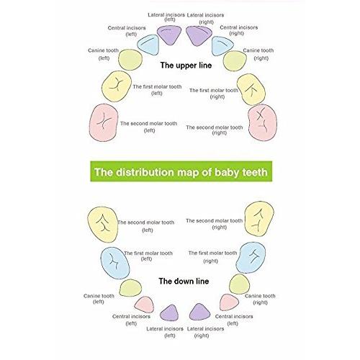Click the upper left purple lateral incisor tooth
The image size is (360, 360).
[x=169, y=35]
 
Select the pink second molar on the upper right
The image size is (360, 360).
[x=262, y=122]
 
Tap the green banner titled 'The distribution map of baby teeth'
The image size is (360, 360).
[x=181, y=171]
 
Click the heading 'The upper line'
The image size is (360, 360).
[x=186, y=66]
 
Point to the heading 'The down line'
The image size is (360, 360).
[x=184, y=281]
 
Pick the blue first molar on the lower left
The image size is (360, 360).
[x=115, y=263]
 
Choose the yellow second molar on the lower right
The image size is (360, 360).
[x=259, y=219]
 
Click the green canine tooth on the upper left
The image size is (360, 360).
[x=130, y=60]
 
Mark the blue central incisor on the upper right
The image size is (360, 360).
[x=222, y=46]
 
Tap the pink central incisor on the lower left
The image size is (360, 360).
[x=144, y=305]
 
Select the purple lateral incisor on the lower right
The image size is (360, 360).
[x=199, y=312]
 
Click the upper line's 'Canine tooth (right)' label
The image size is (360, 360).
[x=258, y=54]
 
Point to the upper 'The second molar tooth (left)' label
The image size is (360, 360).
[x=149, y=127]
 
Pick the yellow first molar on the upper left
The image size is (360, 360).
[x=117, y=86]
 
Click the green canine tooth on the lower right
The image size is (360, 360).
[x=239, y=284]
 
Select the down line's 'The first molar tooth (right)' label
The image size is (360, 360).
[x=212, y=257]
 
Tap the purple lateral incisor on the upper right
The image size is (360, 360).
[x=199, y=36]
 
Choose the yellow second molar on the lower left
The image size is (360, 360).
[x=103, y=225]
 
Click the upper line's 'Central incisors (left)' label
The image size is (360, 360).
[x=127, y=31]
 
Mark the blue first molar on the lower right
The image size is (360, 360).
[x=251, y=258]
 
